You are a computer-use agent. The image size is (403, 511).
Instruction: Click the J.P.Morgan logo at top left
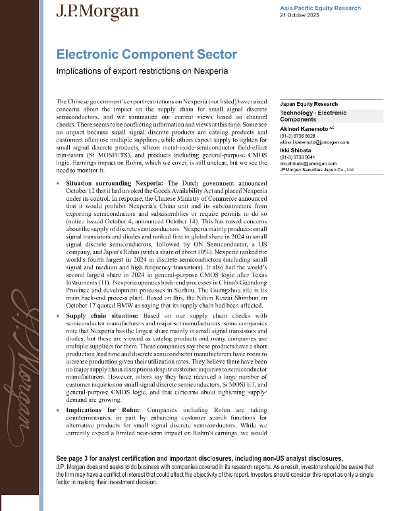pyautogui.click(x=97, y=11)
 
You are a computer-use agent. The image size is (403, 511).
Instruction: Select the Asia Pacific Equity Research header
pyautogui.click(x=320, y=8)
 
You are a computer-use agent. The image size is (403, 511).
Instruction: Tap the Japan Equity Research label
pyautogui.click(x=308, y=104)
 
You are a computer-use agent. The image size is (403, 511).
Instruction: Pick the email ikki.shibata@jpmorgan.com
pyautogui.click(x=311, y=163)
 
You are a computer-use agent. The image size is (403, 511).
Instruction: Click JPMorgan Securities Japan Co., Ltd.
pyautogui.click(x=317, y=169)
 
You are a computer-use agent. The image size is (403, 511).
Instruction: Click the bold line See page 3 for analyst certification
pyautogui.click(x=198, y=457)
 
